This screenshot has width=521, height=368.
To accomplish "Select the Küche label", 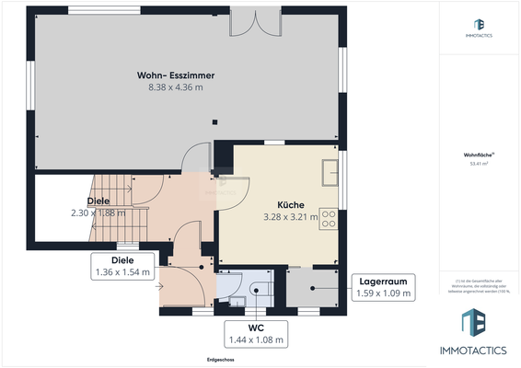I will tap(291, 205).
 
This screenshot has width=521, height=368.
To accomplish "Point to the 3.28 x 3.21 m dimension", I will tap(291, 217).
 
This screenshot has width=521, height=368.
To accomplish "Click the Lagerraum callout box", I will tap(383, 288).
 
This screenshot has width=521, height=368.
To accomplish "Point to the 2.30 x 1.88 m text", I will tap(98, 213).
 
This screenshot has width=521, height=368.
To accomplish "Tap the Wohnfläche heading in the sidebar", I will tap(479, 155).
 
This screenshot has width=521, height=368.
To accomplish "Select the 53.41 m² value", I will tap(479, 165).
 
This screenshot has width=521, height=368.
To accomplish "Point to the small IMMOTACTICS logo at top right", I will tap(479, 28).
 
